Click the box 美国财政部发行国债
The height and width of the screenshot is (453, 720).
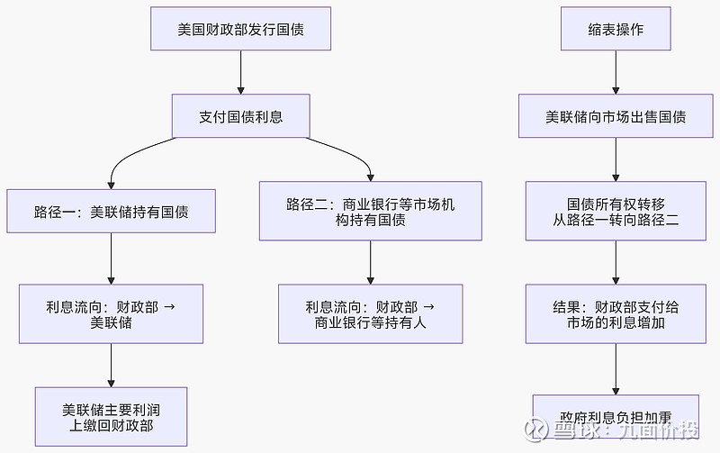pyautogui.click(x=240, y=30)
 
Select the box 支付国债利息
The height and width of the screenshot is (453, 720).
pyautogui.click(x=240, y=116)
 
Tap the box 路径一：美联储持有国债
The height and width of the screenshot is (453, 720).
pyautogui.click(x=111, y=213)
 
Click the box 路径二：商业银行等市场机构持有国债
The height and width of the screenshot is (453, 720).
pyautogui.click(x=371, y=212)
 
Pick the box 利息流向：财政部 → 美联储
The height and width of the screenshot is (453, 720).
pyautogui.click(x=111, y=313)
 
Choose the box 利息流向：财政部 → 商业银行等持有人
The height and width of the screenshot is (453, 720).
pyautogui.click(x=371, y=313)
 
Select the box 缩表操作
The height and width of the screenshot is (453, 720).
pyautogui.click(x=616, y=30)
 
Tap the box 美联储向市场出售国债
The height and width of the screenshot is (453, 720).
pyautogui.click(x=616, y=116)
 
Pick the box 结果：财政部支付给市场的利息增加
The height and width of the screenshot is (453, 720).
pyautogui.click(x=616, y=313)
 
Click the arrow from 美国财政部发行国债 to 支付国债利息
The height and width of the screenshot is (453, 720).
pyautogui.click(x=240, y=72)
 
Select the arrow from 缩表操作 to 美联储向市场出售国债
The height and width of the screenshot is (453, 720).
pyautogui.click(x=616, y=72)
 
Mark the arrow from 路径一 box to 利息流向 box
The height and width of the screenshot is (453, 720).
pyautogui.click(x=111, y=261)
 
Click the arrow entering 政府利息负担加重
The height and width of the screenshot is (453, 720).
pyautogui.click(x=616, y=368)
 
